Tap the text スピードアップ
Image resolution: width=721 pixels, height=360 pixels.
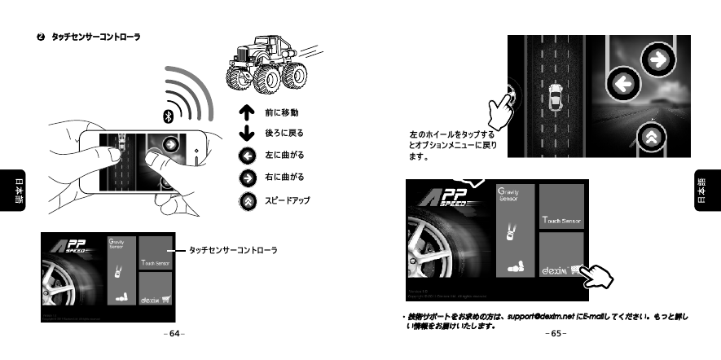coord(288,200)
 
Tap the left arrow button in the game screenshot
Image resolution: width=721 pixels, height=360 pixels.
coord(624,84)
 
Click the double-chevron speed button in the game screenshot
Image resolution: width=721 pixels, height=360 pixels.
coord(650,138)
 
